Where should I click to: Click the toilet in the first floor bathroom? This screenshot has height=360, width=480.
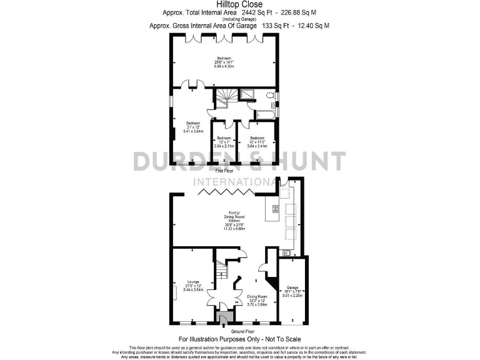(269, 96)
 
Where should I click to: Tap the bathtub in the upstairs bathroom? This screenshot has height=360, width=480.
(264, 114)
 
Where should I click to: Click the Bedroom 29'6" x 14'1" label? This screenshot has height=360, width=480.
(223, 62)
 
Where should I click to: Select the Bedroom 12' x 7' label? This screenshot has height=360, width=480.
(224, 142)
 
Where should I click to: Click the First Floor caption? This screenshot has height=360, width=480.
(224, 171)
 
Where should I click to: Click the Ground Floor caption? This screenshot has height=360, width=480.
(243, 331)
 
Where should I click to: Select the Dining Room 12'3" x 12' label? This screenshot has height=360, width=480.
(257, 301)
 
